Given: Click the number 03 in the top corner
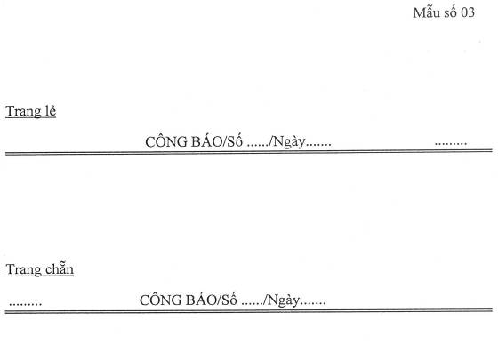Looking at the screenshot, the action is click(468, 12).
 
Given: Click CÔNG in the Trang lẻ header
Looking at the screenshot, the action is click(166, 141).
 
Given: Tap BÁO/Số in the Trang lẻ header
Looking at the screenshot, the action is click(217, 141).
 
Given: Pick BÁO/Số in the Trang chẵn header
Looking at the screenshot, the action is click(211, 299).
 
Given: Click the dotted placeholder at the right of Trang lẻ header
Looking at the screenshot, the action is click(451, 144).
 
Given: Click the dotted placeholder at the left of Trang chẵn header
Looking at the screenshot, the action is click(26, 304).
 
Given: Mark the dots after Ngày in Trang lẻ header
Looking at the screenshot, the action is click(318, 146).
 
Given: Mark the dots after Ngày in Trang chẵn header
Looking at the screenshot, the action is click(313, 304).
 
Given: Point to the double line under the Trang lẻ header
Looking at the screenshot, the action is click(249, 152).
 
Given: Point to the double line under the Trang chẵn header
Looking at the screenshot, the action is click(249, 311).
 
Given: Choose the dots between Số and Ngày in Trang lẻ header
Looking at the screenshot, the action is click(258, 146).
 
